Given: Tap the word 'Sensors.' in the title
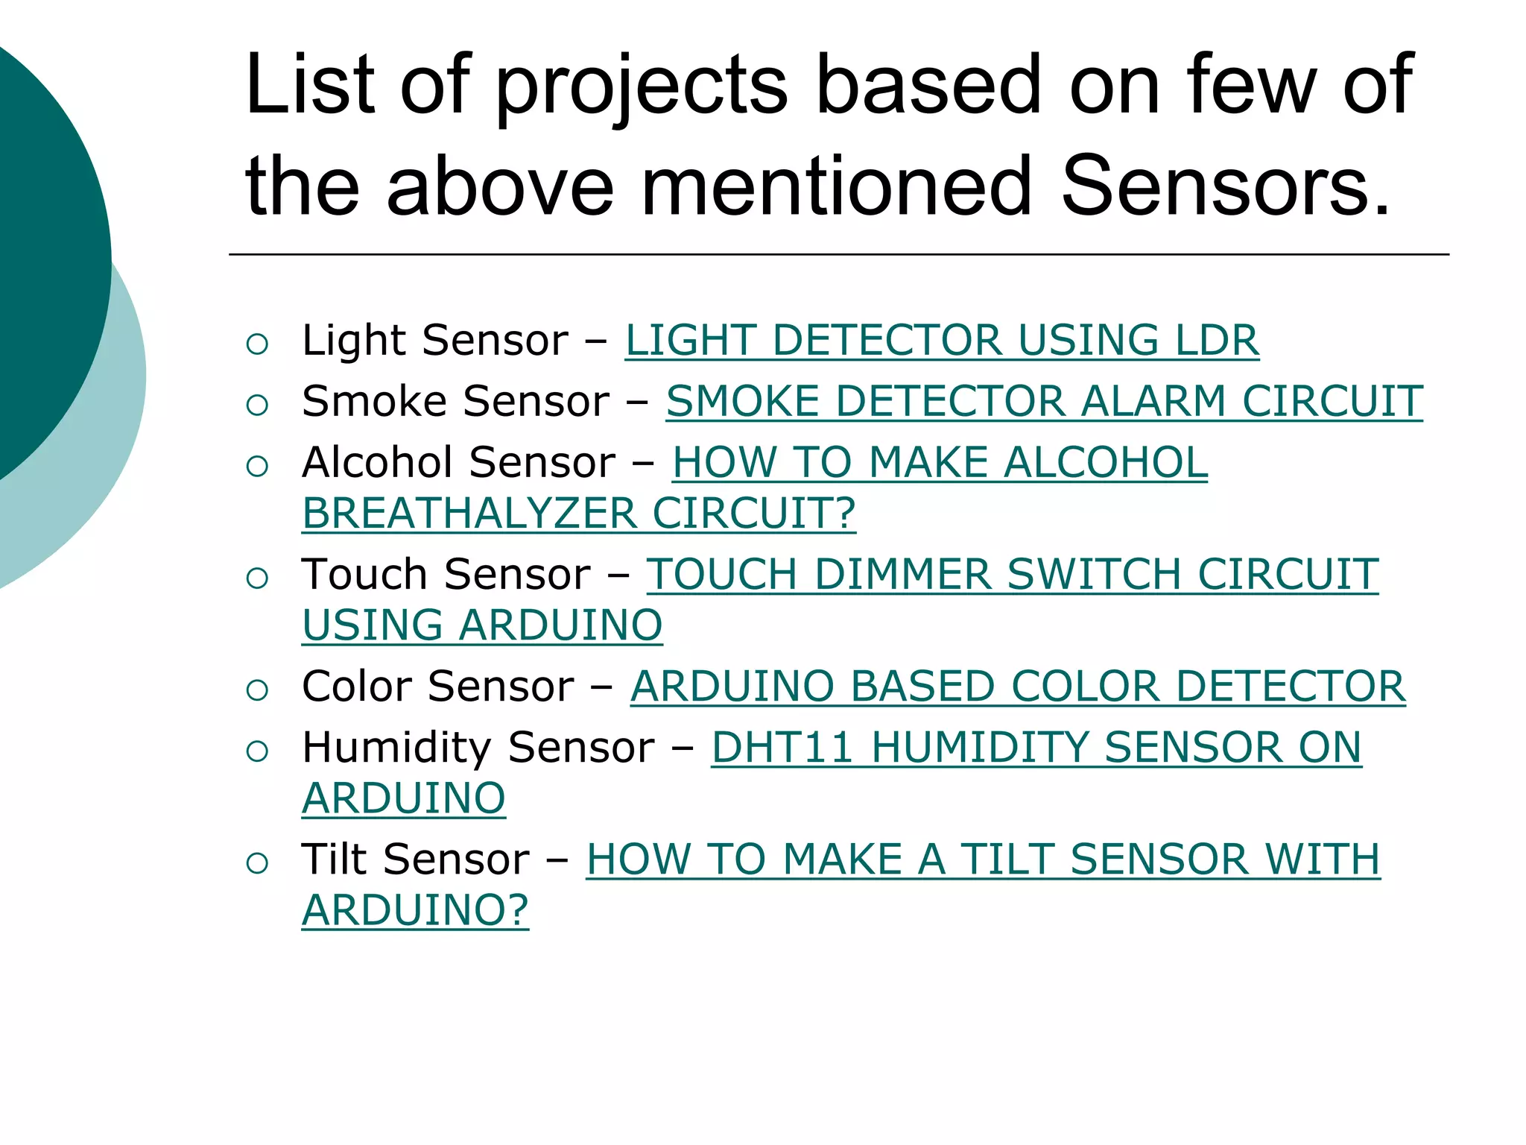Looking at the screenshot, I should [1226, 186].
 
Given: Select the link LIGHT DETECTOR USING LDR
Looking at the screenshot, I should [942, 341].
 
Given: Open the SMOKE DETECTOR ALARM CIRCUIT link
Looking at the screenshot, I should [1043, 402].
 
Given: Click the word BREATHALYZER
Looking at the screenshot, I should [469, 514].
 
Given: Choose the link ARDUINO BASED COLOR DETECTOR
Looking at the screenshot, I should [1017, 687].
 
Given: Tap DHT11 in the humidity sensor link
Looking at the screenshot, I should [782, 748].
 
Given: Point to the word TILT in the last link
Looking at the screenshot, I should [1007, 859].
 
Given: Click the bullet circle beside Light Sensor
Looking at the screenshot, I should [257, 344].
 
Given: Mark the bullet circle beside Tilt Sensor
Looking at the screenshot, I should [257, 863].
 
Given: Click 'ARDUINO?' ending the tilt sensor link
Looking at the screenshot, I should [415, 910].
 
